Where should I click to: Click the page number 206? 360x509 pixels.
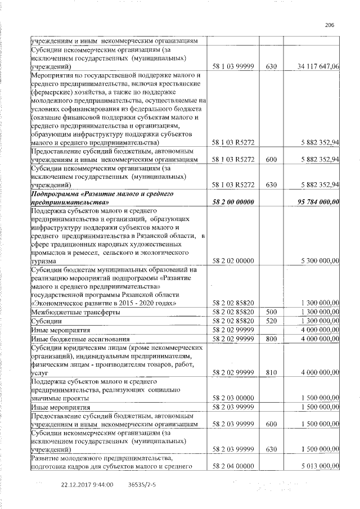pyautogui.click(x=330, y=25)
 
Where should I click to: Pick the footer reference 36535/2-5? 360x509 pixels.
pyautogui.click(x=142, y=484)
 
